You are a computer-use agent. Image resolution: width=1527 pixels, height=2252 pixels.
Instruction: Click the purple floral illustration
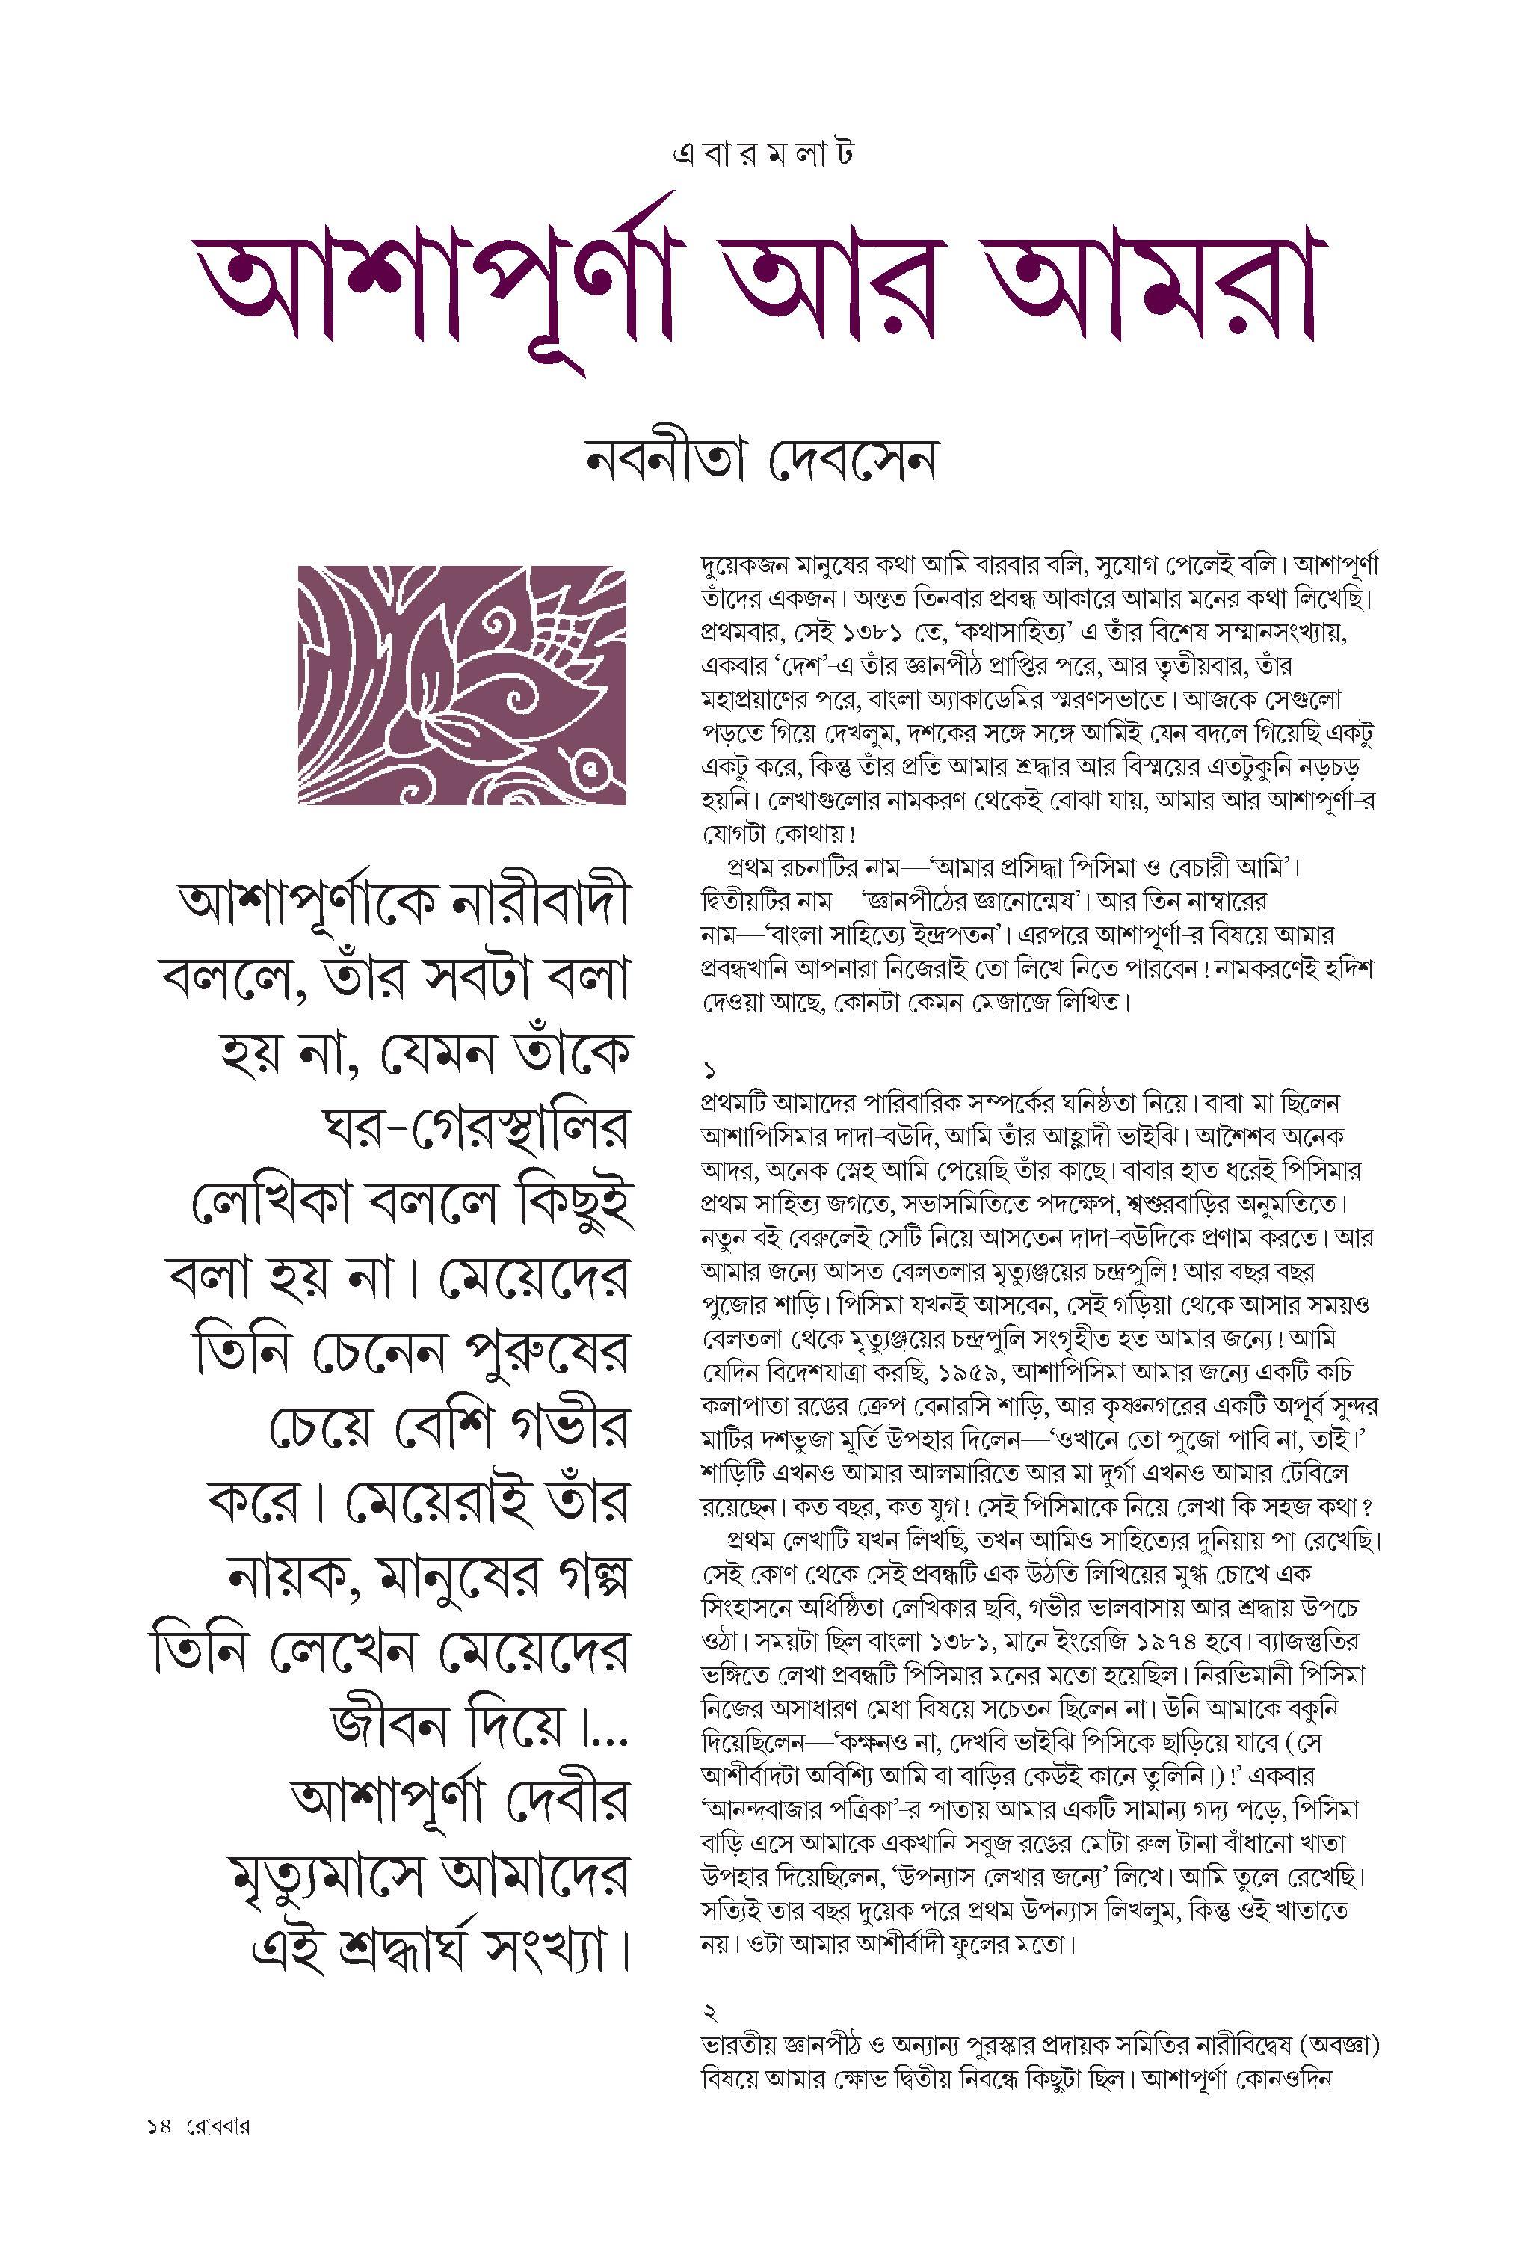pyautogui.click(x=462, y=684)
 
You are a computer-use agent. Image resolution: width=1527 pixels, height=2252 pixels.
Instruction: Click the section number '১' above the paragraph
pyautogui.click(x=709, y=1071)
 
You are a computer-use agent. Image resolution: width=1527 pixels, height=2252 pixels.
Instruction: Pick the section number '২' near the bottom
pyautogui.click(x=709, y=2013)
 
